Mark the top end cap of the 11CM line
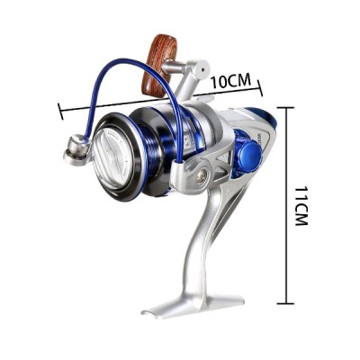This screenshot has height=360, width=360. pyautogui.click(x=286, y=106)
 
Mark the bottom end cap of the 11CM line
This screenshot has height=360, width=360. pyautogui.click(x=286, y=304)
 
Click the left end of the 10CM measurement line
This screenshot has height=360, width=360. pyautogui.click(x=59, y=112)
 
